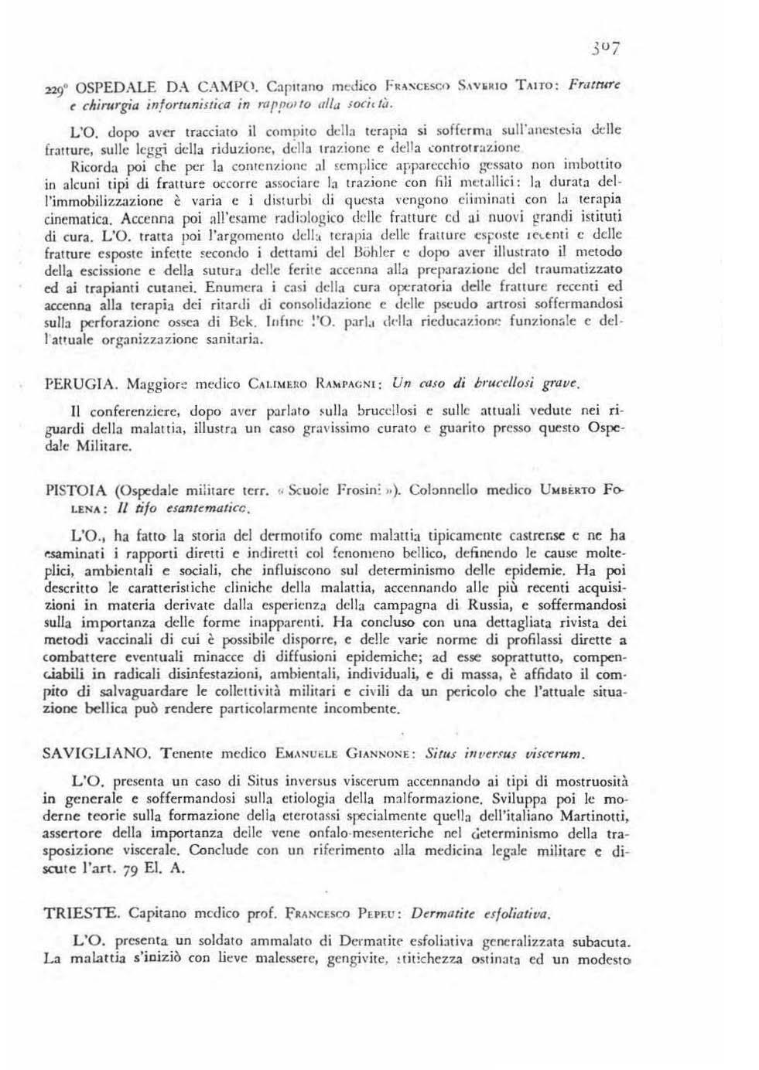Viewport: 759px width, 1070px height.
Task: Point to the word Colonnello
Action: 447,490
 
